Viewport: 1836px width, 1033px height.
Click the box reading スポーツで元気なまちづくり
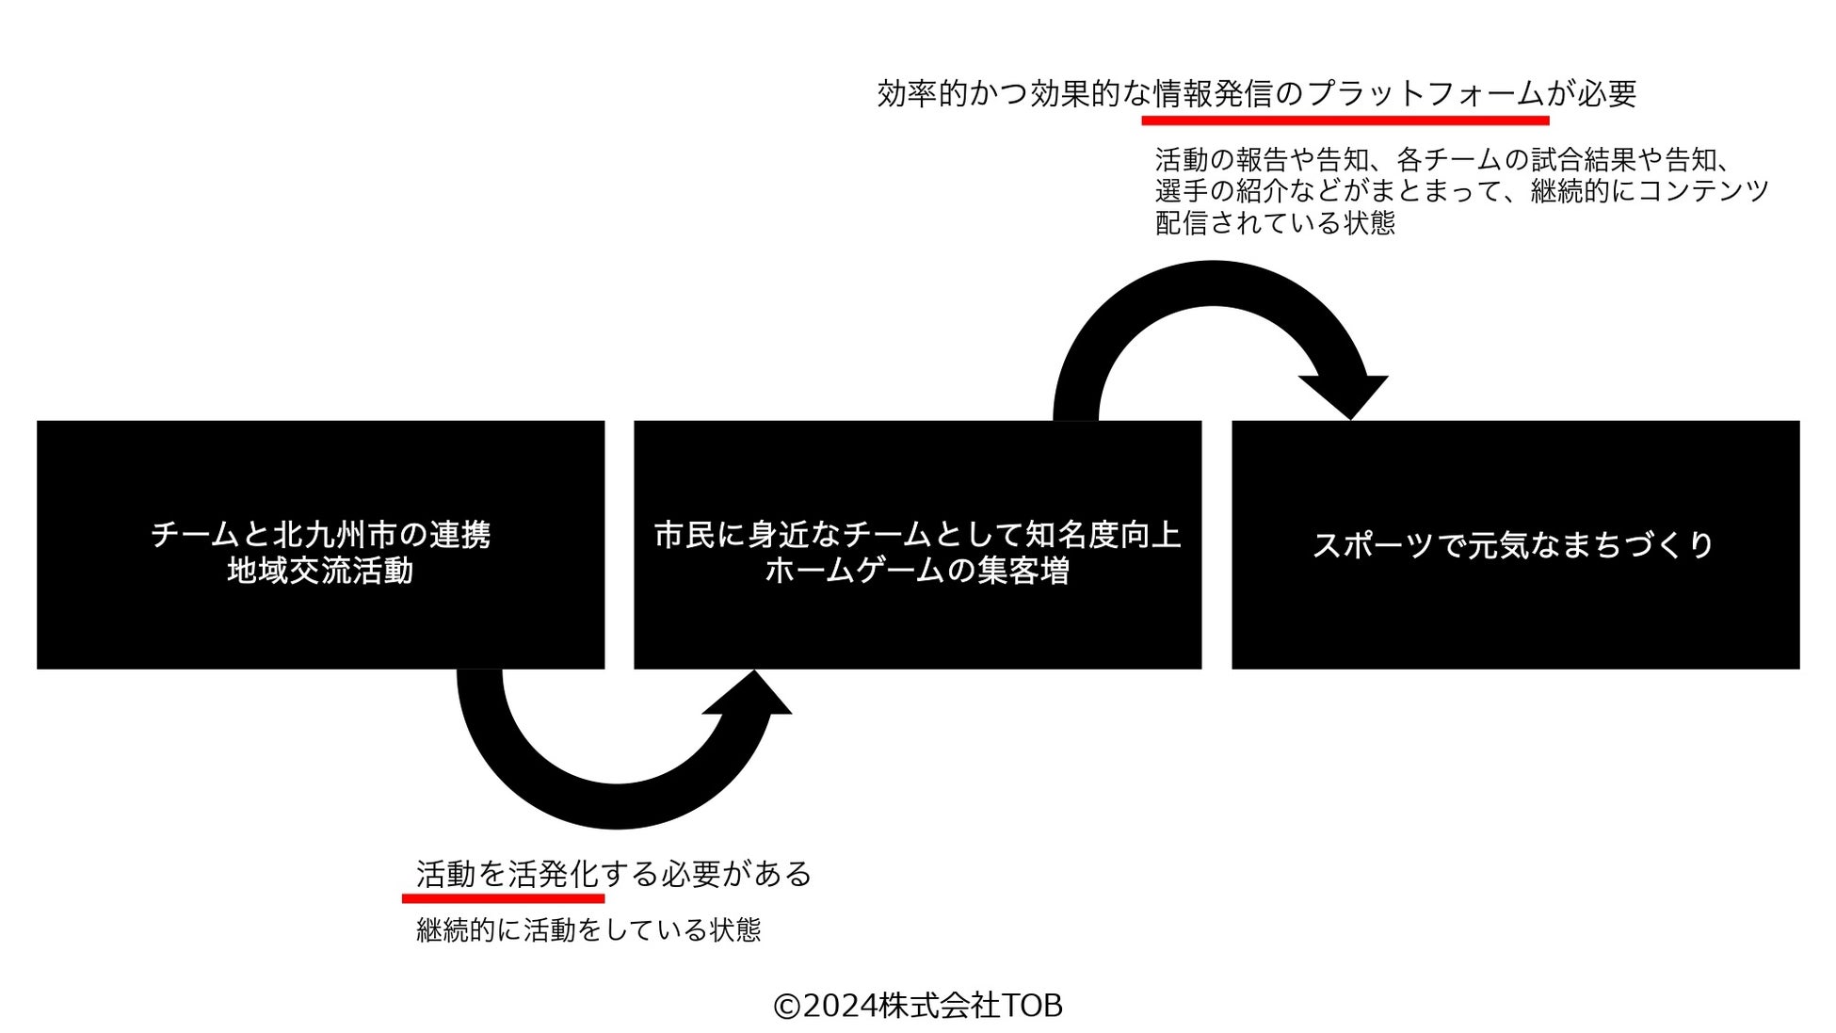pos(1514,544)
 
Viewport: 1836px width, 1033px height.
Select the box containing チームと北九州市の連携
pos(320,544)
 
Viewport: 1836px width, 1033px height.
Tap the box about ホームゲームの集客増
pos(917,544)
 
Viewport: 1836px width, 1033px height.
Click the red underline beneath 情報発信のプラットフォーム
pos(1345,121)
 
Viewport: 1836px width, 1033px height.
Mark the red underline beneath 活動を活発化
pos(503,899)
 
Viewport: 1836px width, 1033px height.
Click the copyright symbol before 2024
pos(786,1007)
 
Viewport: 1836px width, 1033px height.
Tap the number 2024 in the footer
pos(840,1006)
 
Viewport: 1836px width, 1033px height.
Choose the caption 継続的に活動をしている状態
pos(588,930)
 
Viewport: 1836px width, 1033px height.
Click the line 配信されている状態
pos(1275,223)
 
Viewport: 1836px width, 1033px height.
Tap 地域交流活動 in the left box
pos(320,572)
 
